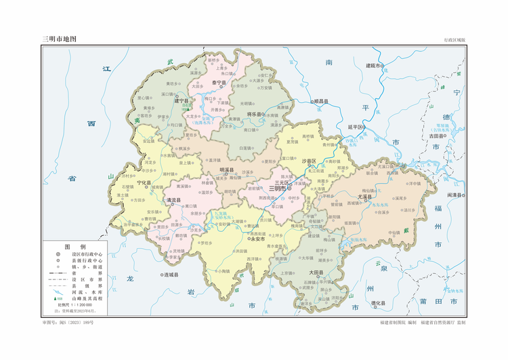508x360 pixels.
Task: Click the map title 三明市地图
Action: click(59, 39)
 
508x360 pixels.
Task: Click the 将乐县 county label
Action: click(255, 114)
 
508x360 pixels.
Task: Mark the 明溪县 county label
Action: click(227, 169)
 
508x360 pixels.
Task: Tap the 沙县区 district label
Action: click(309, 161)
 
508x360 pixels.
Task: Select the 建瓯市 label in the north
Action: click(375, 65)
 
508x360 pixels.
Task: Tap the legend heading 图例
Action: click(75, 246)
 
